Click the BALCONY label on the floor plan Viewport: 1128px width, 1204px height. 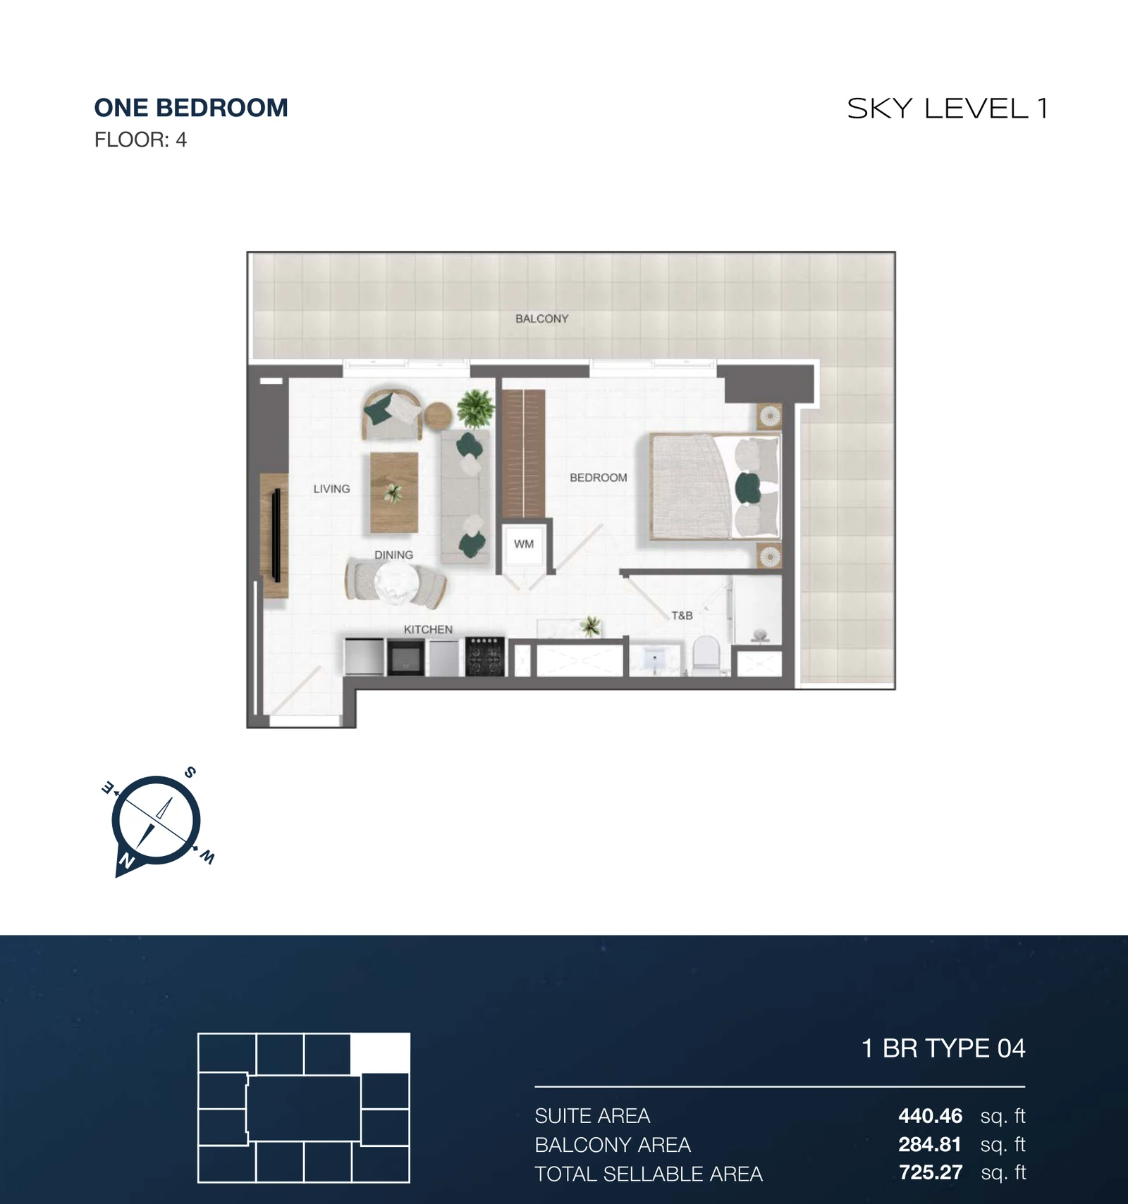541,318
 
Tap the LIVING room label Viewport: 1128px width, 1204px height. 331,489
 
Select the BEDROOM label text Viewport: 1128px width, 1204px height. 599,478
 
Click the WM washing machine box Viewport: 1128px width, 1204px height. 524,544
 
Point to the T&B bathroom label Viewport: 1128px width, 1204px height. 682,616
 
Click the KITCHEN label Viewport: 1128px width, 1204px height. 428,630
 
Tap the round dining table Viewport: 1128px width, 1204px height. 396,583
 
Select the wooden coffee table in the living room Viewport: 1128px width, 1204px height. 394,492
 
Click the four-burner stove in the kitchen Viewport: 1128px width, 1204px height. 485,657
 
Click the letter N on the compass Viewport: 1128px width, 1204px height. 127,860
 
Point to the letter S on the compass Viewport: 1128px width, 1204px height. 190,772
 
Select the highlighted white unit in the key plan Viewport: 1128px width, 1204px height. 380,1053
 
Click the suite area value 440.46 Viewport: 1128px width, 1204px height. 930,1116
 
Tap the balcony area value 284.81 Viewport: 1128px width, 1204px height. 930,1145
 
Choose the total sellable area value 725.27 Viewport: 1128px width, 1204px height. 931,1172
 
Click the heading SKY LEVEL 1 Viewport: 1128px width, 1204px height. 948,108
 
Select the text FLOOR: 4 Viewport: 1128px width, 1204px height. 140,140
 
